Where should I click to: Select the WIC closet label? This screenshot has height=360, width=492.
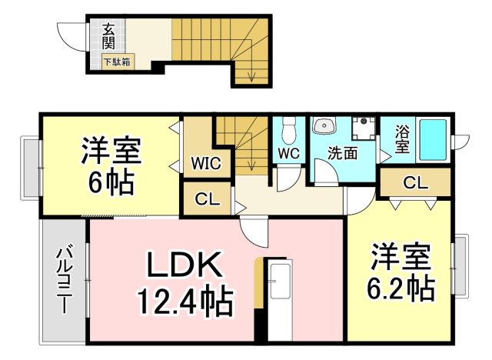(205, 163)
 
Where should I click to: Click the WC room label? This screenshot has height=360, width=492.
(288, 152)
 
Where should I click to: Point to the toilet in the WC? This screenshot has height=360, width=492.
(289, 126)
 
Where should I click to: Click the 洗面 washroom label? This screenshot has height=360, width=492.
(342, 152)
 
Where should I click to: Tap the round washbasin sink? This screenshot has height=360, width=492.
(322, 126)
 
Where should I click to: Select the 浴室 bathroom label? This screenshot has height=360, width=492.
(401, 138)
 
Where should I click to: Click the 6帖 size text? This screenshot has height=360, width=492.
(110, 183)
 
